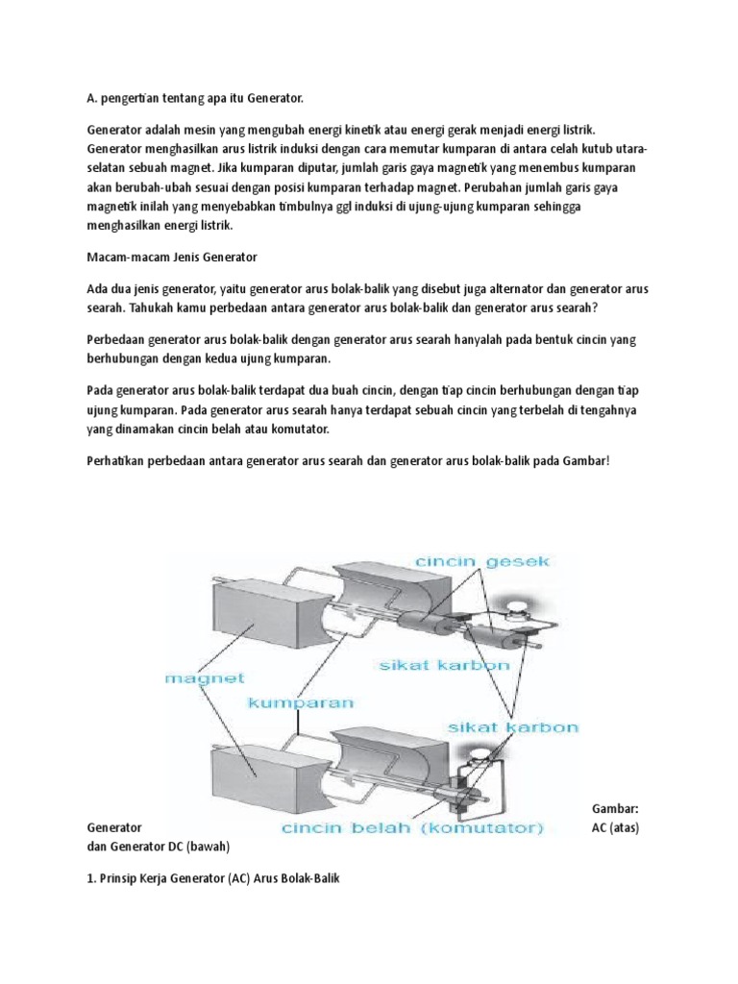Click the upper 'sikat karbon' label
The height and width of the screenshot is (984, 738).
441,665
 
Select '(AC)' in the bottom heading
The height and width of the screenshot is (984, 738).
242,879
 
